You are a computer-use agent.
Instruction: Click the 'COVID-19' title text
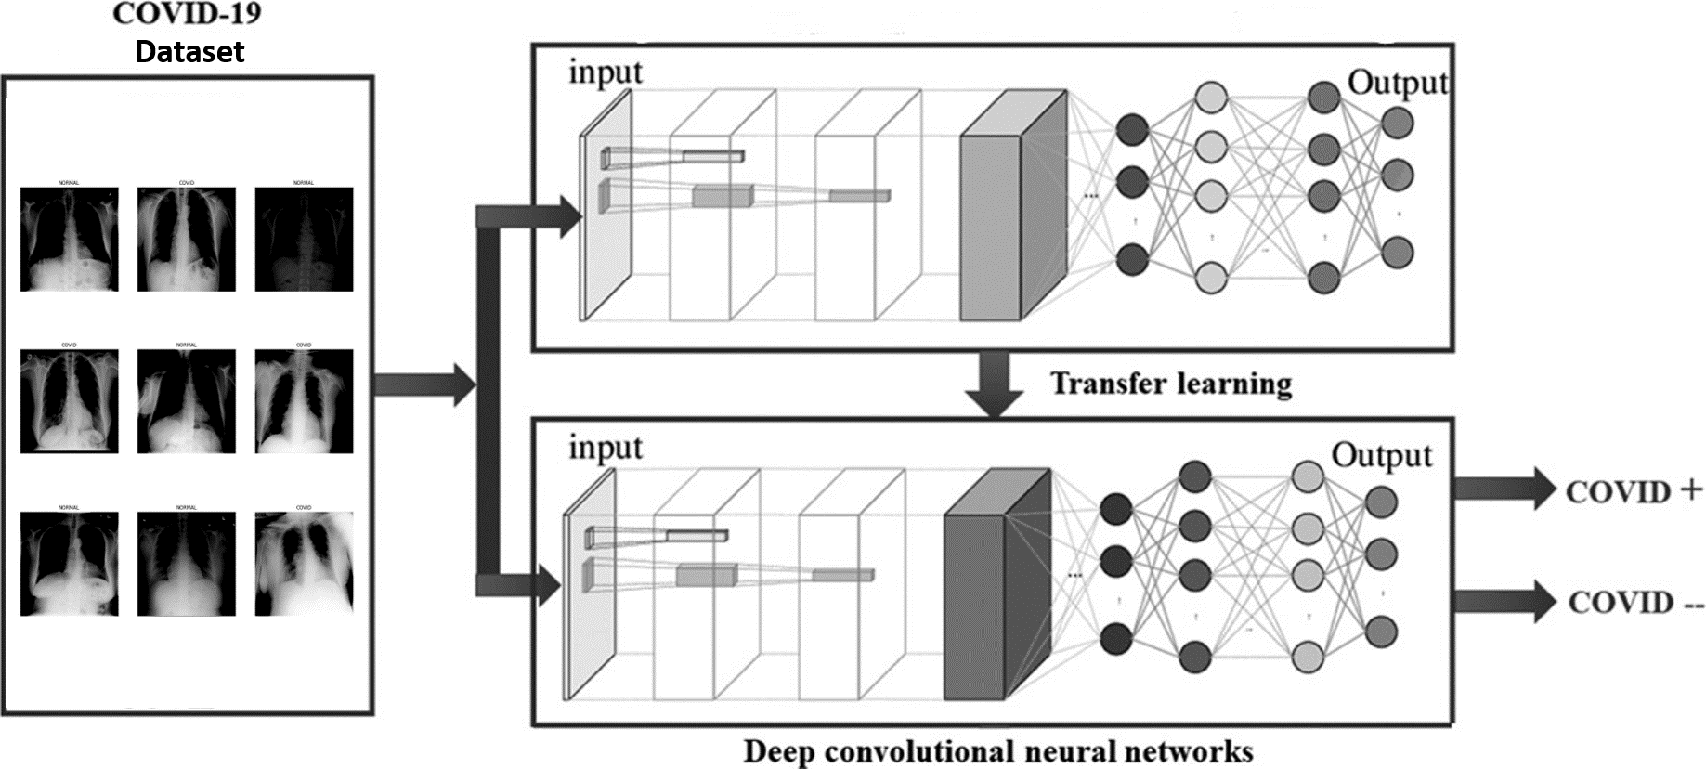(x=186, y=15)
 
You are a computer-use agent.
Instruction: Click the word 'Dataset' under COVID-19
(x=189, y=51)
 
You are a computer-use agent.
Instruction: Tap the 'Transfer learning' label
(x=1170, y=383)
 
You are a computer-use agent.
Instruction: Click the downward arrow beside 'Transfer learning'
(x=993, y=383)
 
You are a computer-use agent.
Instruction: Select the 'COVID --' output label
(x=1635, y=603)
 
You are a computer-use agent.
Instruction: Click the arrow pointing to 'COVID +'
(x=1503, y=489)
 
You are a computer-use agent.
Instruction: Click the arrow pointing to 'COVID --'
(x=1503, y=601)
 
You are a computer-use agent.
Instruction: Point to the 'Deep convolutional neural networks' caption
(x=998, y=750)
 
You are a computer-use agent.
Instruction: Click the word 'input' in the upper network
(x=606, y=72)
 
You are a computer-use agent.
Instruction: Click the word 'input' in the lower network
(x=606, y=448)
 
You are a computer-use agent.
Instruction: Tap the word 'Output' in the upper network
(x=1397, y=83)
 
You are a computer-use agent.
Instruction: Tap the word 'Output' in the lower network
(x=1381, y=455)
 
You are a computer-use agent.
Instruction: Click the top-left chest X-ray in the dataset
(x=70, y=239)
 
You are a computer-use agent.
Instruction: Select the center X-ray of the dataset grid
(x=186, y=401)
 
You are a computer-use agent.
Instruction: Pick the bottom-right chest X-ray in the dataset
(x=304, y=563)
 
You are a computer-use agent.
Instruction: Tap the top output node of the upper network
(x=1397, y=122)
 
